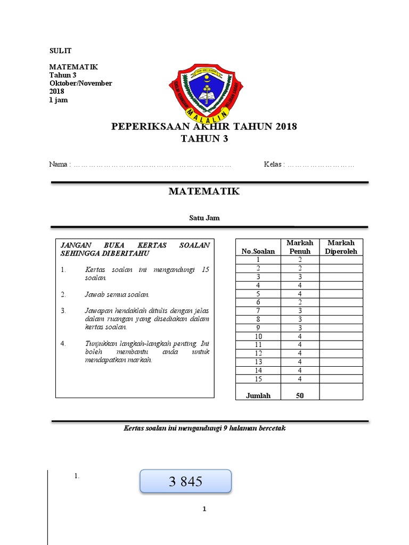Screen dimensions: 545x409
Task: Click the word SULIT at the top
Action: click(x=60, y=51)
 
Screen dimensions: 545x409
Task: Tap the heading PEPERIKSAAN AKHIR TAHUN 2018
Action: click(x=204, y=127)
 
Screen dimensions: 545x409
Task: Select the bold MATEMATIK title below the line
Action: click(x=204, y=192)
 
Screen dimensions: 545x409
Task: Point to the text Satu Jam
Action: click(x=204, y=218)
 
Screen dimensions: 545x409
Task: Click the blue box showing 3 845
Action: click(x=186, y=482)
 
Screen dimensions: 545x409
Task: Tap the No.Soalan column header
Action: click(x=258, y=251)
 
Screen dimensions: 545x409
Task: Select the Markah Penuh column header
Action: click(x=300, y=247)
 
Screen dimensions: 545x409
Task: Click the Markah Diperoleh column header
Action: click(x=341, y=247)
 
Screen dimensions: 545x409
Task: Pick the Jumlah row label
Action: click(x=258, y=395)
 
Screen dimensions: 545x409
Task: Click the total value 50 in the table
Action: click(x=300, y=395)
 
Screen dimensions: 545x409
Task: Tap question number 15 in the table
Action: click(x=258, y=379)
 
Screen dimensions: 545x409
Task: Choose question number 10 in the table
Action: click(x=258, y=336)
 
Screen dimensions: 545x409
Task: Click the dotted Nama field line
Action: click(x=152, y=165)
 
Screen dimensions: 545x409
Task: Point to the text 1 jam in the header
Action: click(x=59, y=100)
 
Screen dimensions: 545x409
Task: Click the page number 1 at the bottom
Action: click(x=204, y=509)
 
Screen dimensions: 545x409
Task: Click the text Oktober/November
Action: click(x=80, y=84)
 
